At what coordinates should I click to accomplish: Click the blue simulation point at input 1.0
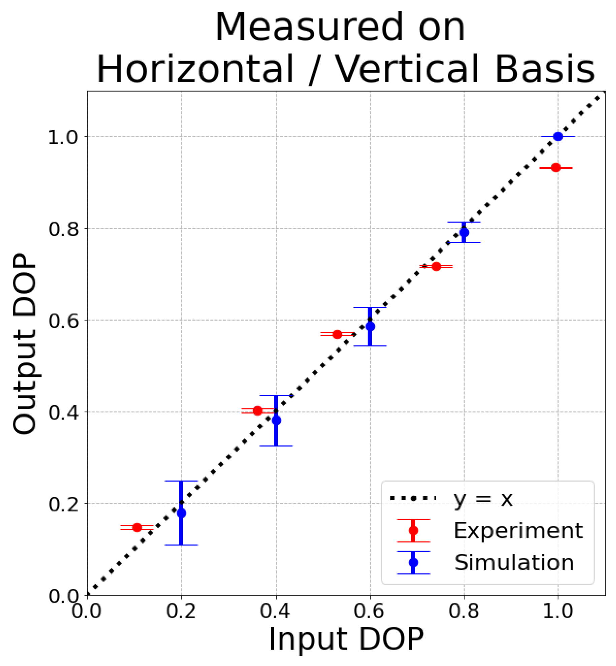tap(558, 136)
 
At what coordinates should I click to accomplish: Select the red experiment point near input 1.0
tap(556, 167)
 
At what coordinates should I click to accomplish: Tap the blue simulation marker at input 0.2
tap(181, 513)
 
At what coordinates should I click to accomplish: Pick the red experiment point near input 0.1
tap(137, 527)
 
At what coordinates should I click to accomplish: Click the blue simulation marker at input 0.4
tap(276, 420)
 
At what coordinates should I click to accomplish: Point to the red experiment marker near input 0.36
tap(258, 411)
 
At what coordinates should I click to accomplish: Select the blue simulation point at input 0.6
tap(370, 326)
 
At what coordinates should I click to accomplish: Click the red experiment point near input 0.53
tap(337, 334)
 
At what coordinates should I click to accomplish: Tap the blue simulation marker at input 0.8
tap(464, 232)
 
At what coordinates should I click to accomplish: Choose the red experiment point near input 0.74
tap(436, 266)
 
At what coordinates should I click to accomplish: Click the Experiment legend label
tap(518, 531)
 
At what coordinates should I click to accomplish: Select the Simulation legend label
tap(514, 563)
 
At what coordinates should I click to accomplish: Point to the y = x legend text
tap(483, 499)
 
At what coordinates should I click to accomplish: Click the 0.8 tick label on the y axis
tap(63, 229)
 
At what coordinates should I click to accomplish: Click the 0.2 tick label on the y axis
tap(63, 504)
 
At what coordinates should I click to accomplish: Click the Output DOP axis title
tap(24, 344)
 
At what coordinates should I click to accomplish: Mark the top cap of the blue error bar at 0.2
tap(181, 481)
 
